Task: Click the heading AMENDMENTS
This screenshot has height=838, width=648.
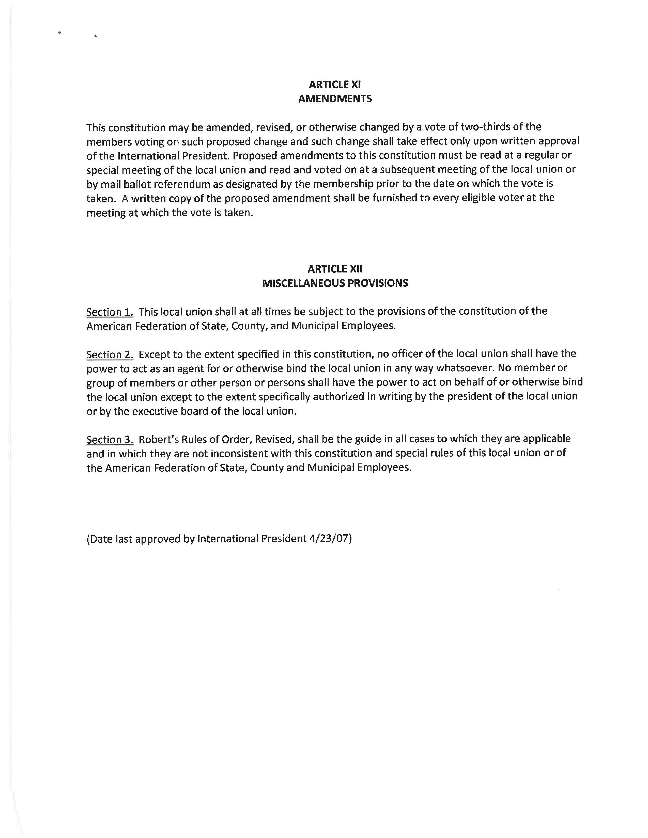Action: click(x=335, y=99)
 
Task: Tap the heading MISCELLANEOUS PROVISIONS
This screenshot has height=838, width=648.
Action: click(x=335, y=283)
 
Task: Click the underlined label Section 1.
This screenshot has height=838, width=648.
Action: click(x=110, y=312)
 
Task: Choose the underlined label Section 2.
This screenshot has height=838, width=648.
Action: click(x=110, y=354)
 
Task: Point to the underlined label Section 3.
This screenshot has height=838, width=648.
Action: click(x=110, y=439)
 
